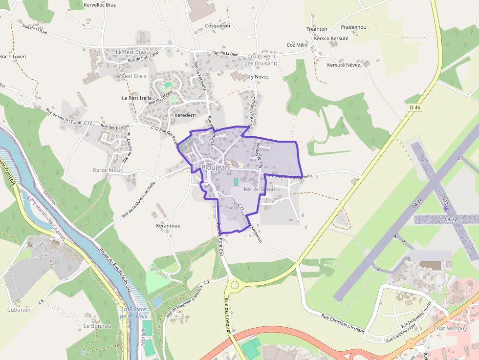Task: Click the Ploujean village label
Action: [215, 168]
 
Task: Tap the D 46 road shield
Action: [414, 107]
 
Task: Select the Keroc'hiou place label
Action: [106, 170]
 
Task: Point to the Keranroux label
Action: [168, 226]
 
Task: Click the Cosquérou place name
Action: [218, 25]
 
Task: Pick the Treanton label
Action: [317, 29]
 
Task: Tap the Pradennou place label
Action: [353, 27]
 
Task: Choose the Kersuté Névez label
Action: [344, 65]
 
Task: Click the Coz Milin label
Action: [297, 45]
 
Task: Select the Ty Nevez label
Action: [259, 77]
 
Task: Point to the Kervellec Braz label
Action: [100, 5]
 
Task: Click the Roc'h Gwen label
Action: [13, 57]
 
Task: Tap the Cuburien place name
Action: [19, 309]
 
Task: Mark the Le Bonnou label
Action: [97, 326]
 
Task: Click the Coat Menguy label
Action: [449, 315]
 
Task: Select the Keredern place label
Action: [185, 115]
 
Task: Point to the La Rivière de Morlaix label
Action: [134, 313]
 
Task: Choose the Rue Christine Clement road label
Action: [343, 324]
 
